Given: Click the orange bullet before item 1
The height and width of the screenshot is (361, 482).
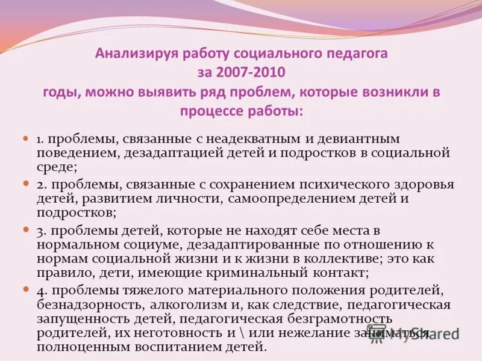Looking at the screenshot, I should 26,138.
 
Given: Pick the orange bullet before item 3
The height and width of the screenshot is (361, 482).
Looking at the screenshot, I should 26,230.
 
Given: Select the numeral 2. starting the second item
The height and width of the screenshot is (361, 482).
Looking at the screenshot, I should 42,184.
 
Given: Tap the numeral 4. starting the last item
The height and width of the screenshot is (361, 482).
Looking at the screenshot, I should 42,291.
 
